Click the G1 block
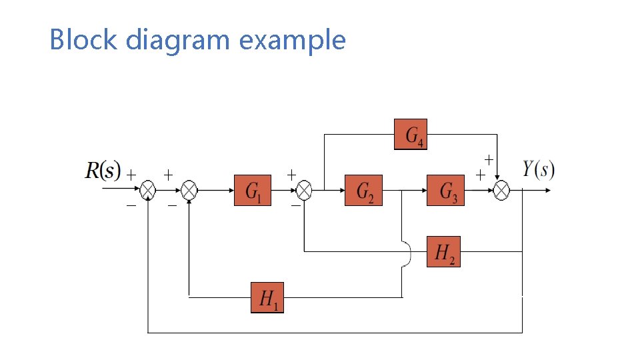(x=253, y=191)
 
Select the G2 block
(x=363, y=191)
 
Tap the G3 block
(x=446, y=191)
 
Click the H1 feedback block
(x=267, y=297)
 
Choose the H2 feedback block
(x=443, y=251)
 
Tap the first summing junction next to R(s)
(x=147, y=191)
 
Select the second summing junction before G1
(x=190, y=191)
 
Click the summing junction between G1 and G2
(x=304, y=191)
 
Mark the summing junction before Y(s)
(x=501, y=191)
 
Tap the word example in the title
(x=292, y=40)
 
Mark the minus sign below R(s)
(x=131, y=206)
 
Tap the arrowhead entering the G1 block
(x=230, y=191)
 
